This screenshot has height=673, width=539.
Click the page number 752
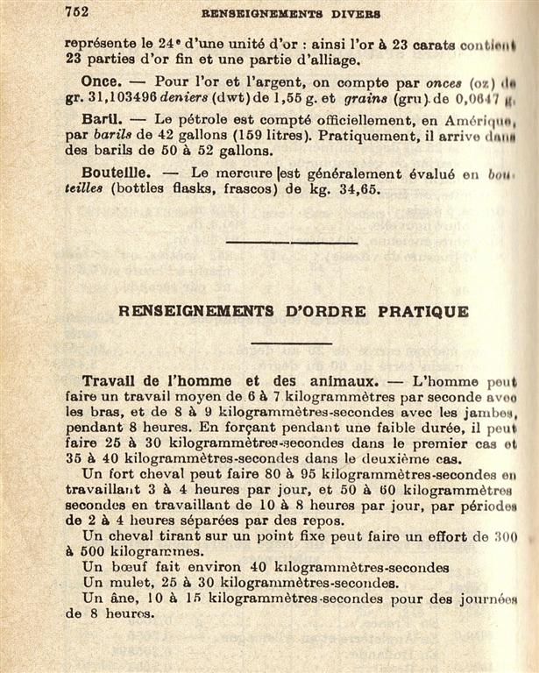[80, 12]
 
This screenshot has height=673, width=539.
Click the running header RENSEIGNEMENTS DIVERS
[290, 14]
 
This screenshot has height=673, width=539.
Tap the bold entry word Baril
[99, 118]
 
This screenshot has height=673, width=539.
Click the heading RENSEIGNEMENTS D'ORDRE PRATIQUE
[293, 311]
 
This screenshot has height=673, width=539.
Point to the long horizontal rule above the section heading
[291, 243]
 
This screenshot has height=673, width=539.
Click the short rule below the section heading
[291, 343]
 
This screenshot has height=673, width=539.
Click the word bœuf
[133, 567]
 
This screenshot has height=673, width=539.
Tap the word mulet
[137, 583]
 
